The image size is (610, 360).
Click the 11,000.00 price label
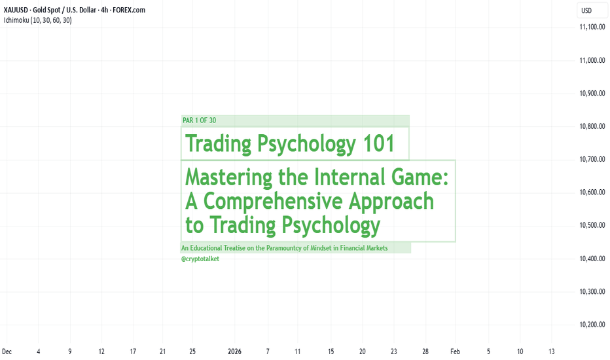592,60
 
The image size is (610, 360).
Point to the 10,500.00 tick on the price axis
592,225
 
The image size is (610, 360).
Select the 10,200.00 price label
592,325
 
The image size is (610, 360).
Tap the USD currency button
586,10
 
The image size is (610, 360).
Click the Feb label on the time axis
455,351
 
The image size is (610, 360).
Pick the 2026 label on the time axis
234,351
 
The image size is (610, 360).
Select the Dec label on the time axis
7,351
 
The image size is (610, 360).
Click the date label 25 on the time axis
192,351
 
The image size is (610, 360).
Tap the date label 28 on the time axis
425,351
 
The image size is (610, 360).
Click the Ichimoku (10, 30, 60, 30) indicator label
38,20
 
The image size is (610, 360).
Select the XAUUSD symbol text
16,10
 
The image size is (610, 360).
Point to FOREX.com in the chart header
129,10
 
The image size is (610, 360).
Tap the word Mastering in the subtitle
229,177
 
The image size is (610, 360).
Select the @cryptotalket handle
200,259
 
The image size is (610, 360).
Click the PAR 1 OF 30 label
199,120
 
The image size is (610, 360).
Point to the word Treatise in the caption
234,248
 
